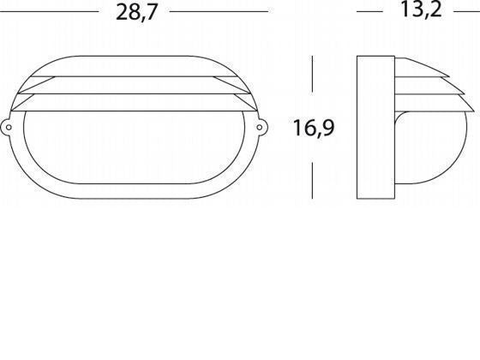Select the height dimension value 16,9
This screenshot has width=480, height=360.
pyautogui.click(x=314, y=129)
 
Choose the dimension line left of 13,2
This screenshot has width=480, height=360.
pyautogui.click(x=369, y=12)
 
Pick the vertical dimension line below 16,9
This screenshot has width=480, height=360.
pyautogui.click(x=313, y=172)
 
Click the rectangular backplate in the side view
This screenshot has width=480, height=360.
pyautogui.click(x=373, y=129)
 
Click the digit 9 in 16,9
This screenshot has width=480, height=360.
pyautogui.click(x=327, y=129)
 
